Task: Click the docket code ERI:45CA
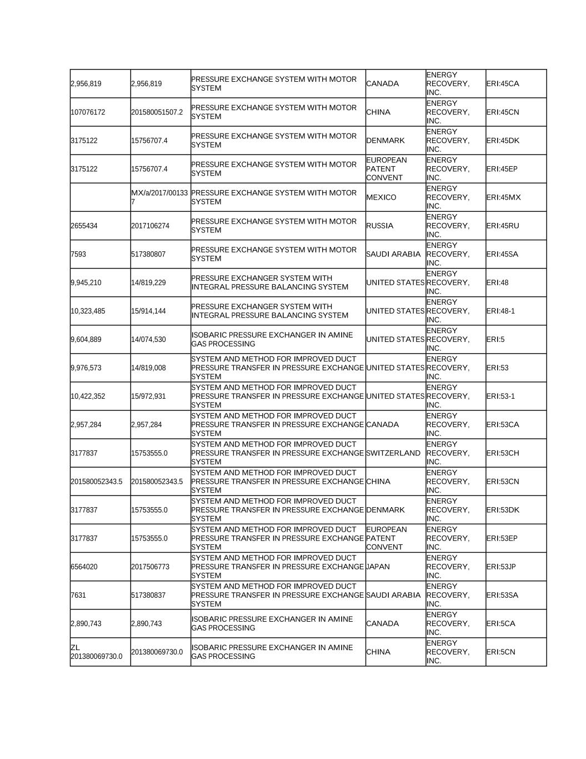click(502, 84)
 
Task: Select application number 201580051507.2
click(157, 112)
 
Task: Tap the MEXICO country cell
click(382, 197)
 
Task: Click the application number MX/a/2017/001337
click(159, 197)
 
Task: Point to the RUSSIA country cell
click(380, 226)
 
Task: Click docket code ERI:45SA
click(502, 254)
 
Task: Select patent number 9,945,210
click(86, 282)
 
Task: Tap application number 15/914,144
click(148, 311)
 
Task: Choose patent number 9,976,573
click(86, 368)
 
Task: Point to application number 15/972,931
click(148, 396)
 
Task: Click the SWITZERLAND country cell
click(393, 453)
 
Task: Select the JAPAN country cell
click(378, 567)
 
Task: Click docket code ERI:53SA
click(502, 595)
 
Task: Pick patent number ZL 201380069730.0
click(97, 652)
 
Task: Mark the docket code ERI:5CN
click(500, 652)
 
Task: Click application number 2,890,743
click(147, 623)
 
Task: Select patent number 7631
click(78, 595)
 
